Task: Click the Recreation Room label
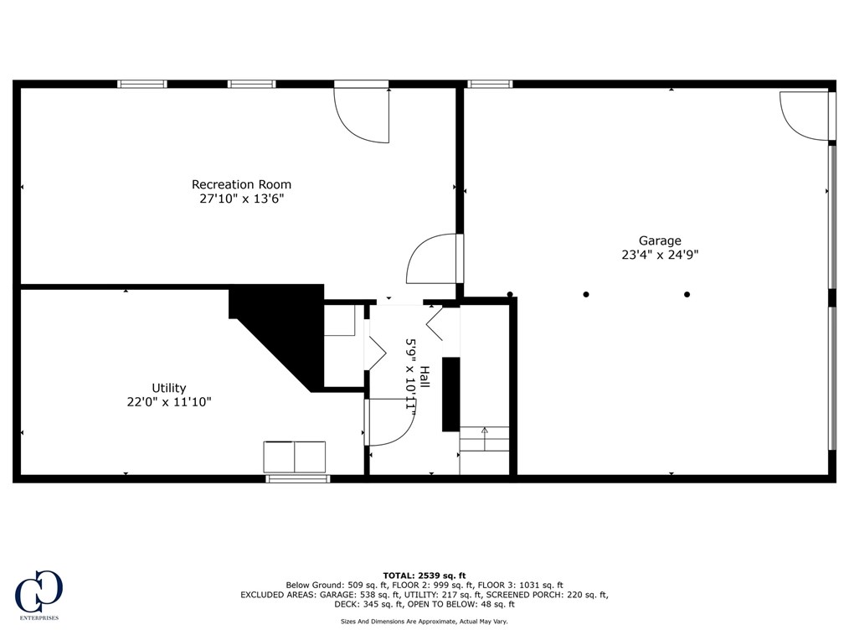[x=241, y=184]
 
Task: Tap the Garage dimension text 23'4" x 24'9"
[x=660, y=256]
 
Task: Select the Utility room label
[x=168, y=388]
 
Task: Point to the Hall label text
[x=424, y=377]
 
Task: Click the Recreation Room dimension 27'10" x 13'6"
[x=241, y=199]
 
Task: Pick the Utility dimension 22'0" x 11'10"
[x=168, y=402]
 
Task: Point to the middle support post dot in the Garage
[x=586, y=294]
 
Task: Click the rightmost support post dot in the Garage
[x=687, y=294]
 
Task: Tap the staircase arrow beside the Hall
[x=484, y=432]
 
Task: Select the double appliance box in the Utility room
[x=295, y=457]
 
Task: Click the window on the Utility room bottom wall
[x=298, y=479]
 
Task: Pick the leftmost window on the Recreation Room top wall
[x=141, y=84]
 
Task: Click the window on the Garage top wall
[x=489, y=84]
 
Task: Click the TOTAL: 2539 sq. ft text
[x=424, y=576]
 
